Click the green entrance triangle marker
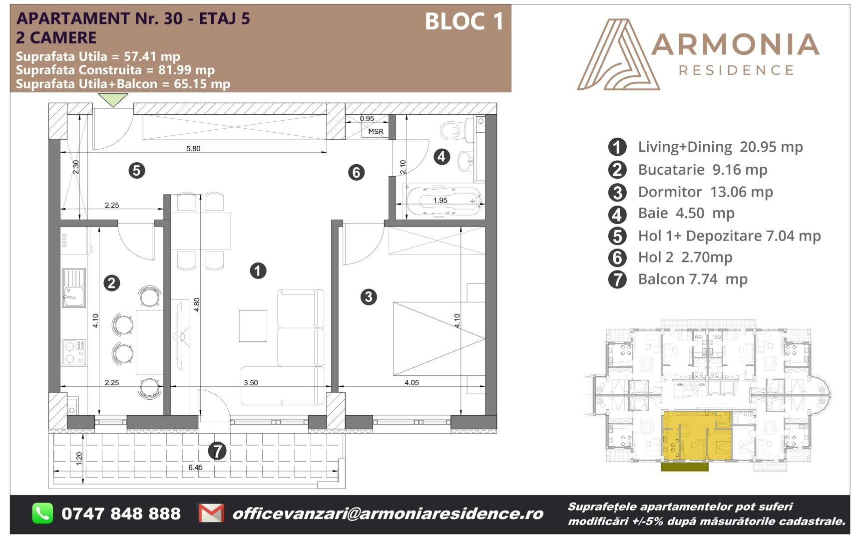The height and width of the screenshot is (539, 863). point(113,100)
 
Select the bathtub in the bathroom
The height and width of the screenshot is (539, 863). point(443,201)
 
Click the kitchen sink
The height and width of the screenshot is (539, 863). point(74,288)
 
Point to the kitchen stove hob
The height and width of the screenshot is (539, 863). point(74,352)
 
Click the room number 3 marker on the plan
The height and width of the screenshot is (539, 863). point(369,297)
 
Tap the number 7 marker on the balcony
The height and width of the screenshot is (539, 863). point(217,451)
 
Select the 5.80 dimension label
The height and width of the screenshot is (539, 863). point(193,148)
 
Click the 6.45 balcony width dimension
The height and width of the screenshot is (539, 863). point(196,467)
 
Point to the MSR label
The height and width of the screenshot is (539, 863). point(376,131)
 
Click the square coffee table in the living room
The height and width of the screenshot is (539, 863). point(253,326)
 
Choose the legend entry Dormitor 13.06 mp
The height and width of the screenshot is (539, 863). point(705,192)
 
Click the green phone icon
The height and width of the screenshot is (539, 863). point(42,513)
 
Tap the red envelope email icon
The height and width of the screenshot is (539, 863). point(211,513)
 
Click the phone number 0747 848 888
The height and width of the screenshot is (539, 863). point(121,514)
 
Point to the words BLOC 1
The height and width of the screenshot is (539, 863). point(464,21)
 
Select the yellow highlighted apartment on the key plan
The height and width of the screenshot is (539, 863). point(697,435)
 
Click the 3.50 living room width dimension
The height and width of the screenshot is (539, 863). point(251,383)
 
